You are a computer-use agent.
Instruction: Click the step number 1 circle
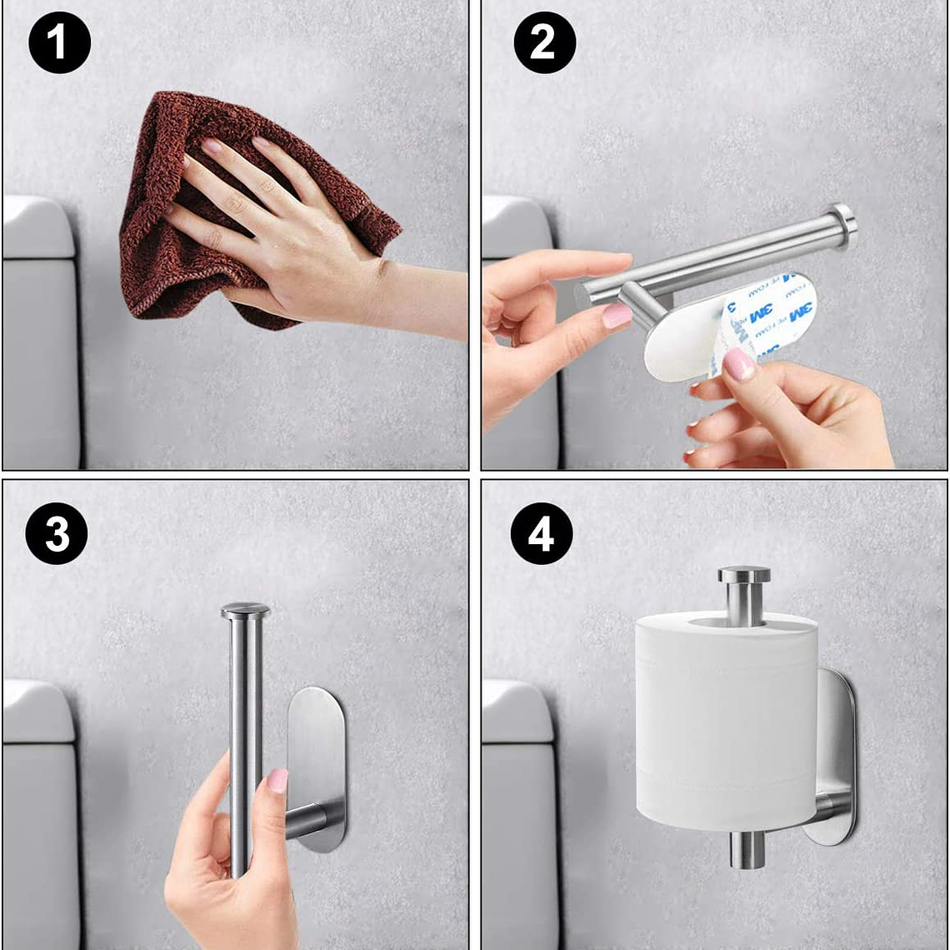point(59,42)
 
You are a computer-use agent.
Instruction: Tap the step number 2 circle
point(544,42)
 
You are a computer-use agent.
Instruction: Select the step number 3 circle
point(57,533)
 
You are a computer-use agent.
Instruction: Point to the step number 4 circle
point(541,533)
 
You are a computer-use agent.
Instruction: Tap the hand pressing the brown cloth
point(275,233)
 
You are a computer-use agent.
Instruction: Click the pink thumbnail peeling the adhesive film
point(738,364)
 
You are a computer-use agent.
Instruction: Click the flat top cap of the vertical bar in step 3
point(245,611)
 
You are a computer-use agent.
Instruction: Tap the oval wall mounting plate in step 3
point(317,750)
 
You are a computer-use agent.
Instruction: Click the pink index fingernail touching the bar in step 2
point(617,315)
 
